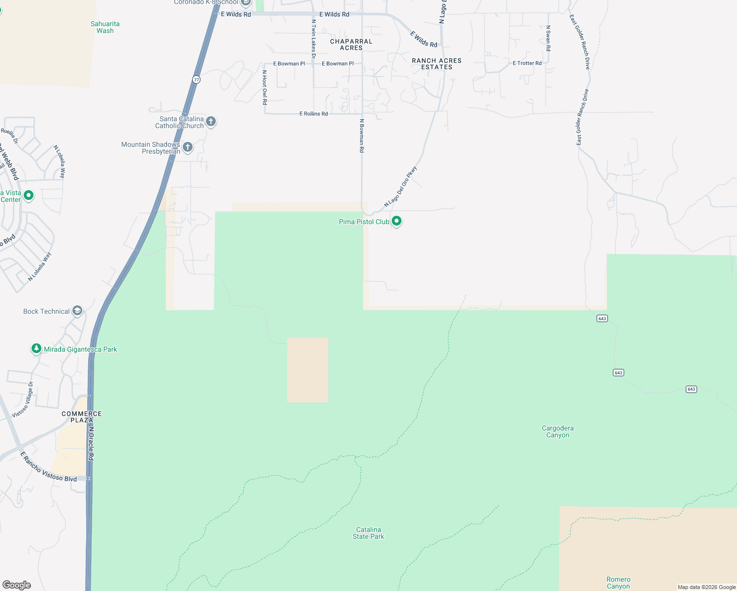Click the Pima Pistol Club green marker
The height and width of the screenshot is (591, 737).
[x=397, y=221]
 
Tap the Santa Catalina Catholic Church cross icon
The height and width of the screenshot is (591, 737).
[x=211, y=122]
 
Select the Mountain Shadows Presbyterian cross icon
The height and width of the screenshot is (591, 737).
[x=188, y=147]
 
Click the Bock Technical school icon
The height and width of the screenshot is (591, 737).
[x=77, y=311]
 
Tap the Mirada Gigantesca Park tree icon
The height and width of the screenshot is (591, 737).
[x=36, y=349]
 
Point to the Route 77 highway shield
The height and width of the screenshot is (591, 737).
[x=197, y=79]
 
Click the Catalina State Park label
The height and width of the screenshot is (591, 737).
[x=368, y=533]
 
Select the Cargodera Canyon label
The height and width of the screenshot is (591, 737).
[x=558, y=431]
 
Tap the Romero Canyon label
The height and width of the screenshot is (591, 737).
[x=618, y=583]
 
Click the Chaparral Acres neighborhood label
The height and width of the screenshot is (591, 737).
[x=351, y=45]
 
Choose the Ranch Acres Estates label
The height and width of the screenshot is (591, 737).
[x=437, y=64]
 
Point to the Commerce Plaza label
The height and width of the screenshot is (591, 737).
[x=82, y=417]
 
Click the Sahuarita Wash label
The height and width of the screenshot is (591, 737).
[x=105, y=27]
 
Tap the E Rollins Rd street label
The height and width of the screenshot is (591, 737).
[x=314, y=114]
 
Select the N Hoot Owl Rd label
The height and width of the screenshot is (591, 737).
[x=265, y=87]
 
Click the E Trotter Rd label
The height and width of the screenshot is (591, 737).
[x=527, y=63]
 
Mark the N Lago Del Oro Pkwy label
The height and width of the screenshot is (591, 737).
[x=401, y=187]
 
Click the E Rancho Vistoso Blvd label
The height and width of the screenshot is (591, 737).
[x=48, y=467]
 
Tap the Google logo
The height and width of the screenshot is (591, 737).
[x=17, y=585]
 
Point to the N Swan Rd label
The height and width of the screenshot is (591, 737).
[x=548, y=38]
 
